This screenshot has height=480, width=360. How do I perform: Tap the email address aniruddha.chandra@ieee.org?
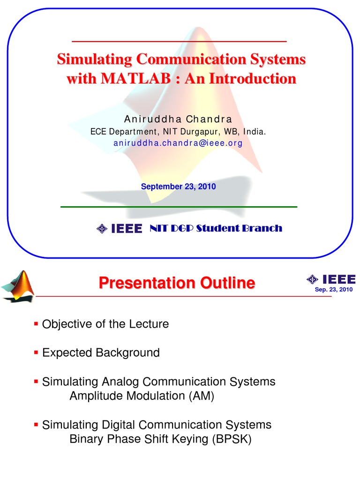(x=178, y=143)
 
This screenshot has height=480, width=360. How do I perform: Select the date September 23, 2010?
(x=178, y=187)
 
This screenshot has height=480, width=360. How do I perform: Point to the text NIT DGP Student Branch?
(x=216, y=229)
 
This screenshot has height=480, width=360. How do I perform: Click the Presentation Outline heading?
(x=177, y=283)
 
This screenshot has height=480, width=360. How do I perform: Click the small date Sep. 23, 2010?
(x=333, y=290)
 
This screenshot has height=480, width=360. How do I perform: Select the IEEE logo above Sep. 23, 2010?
(x=331, y=280)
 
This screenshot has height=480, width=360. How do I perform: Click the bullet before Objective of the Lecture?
(x=36, y=323)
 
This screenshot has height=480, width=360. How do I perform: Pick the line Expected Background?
(x=101, y=352)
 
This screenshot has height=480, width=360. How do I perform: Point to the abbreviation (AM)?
(x=202, y=396)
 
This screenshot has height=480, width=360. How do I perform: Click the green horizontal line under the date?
(x=179, y=206)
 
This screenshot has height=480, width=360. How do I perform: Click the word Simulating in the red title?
(x=94, y=60)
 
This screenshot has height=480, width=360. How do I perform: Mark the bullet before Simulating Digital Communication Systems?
(x=36, y=424)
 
